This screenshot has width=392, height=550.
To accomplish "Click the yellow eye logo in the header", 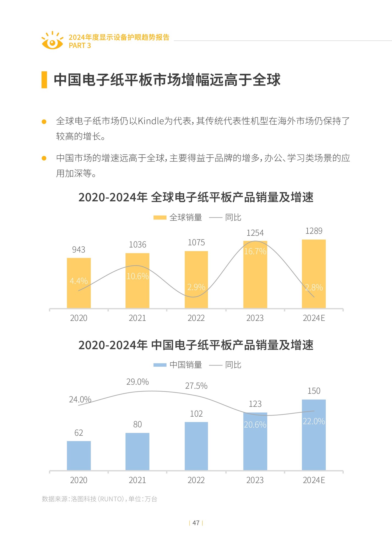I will click(52, 41).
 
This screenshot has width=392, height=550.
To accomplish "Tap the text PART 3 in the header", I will click(80, 46).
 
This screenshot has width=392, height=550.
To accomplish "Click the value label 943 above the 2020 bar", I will click(79, 250).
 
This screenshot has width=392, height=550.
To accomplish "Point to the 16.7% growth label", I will click(255, 251).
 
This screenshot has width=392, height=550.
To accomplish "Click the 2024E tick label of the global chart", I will click(314, 318).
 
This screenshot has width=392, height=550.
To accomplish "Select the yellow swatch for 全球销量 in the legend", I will click(160, 218).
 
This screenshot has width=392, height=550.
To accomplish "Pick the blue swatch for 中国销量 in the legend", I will click(160, 365).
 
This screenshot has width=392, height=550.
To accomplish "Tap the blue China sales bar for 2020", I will click(79, 456).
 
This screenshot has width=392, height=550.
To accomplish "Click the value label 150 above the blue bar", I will click(314, 391).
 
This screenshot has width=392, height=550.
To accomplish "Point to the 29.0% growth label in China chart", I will click(137, 382).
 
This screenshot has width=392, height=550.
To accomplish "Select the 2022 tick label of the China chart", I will click(196, 480).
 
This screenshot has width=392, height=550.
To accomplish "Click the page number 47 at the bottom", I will click(196, 523).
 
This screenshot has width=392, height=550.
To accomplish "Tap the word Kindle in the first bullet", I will click(150, 121).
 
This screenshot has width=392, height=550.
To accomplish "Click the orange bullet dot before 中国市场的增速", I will click(44, 158).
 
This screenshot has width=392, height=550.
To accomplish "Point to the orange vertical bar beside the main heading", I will click(44, 80).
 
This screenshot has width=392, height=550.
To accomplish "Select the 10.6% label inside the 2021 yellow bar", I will click(137, 276).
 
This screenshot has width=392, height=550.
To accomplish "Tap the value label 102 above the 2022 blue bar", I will click(196, 414).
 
